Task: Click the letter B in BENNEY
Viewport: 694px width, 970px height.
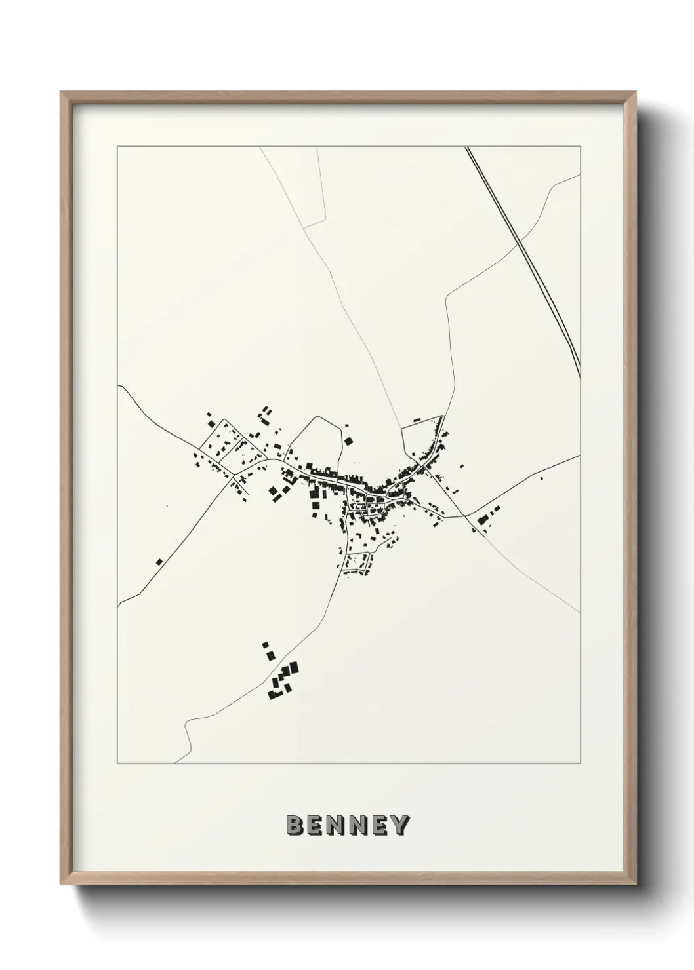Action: point(295,826)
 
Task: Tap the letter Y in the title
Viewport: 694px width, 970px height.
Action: point(399,826)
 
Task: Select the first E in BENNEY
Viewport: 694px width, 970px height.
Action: point(316,826)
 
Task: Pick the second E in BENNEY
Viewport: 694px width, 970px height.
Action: point(378,826)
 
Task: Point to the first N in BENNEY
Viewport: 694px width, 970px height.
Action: point(337,826)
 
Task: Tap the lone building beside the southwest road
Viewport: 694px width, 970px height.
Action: point(159,562)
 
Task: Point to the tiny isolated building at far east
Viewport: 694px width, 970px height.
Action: point(541,478)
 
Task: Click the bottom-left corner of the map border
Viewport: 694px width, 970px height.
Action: point(117,764)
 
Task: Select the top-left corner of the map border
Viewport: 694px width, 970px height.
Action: point(117,147)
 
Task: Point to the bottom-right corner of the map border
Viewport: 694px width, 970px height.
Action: point(581,764)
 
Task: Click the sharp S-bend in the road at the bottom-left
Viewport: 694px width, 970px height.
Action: point(188,727)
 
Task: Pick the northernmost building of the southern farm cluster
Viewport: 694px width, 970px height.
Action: point(264,645)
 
